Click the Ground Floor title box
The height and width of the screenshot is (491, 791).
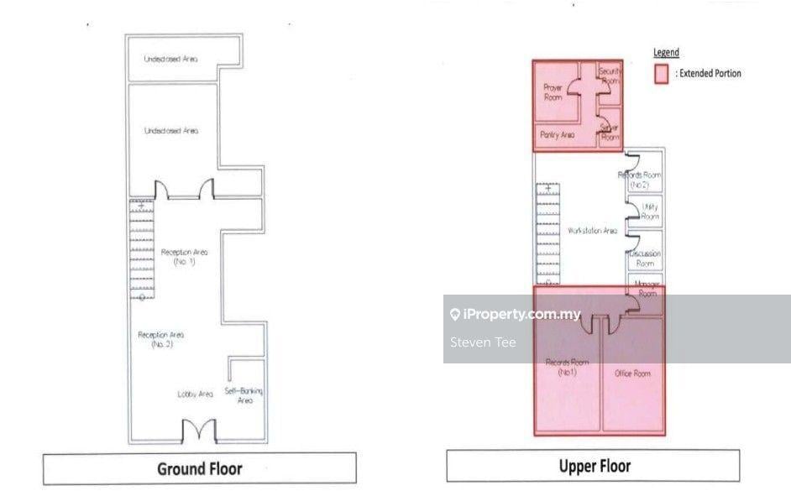click(200, 468)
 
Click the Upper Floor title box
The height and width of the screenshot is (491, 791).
click(593, 466)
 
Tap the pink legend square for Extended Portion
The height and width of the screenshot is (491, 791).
click(662, 74)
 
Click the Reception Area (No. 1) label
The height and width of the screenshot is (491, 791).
click(185, 256)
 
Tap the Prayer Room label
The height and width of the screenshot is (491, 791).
click(553, 92)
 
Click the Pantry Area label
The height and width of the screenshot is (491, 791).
click(557, 134)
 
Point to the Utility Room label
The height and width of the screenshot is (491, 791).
click(650, 212)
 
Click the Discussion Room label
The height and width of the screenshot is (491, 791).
click(645, 258)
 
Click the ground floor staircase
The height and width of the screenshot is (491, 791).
click(141, 249)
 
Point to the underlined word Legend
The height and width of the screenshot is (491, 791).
click(666, 53)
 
